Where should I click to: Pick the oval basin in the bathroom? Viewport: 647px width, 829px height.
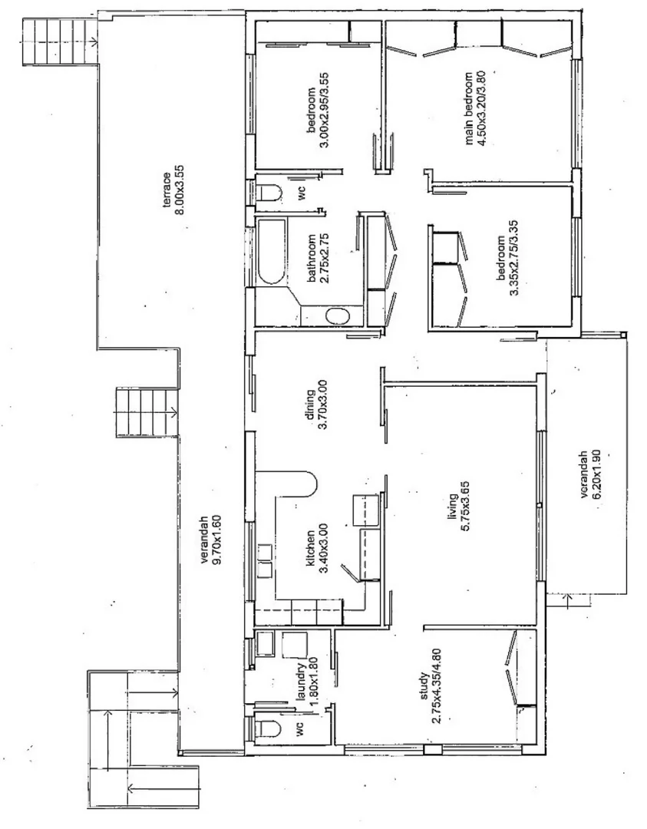(x=337, y=315)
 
